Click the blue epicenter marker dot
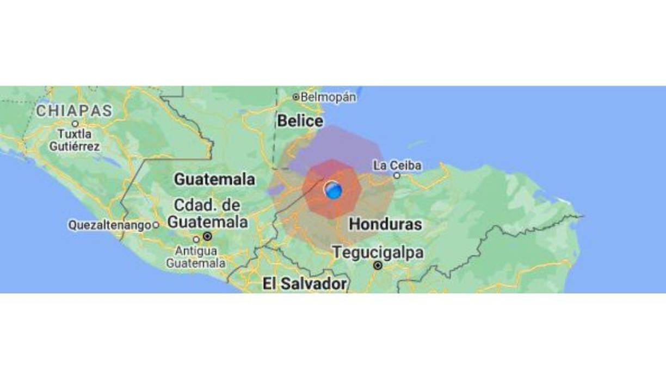[x=333, y=190]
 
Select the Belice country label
[x=300, y=121]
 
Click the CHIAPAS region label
[x=74, y=111]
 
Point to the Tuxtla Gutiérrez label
[x=75, y=140]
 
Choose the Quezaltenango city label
[x=109, y=225]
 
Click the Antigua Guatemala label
[x=196, y=257]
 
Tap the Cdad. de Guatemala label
[x=207, y=214]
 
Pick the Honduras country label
[x=385, y=224]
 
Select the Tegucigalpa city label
[x=378, y=253]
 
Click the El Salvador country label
[x=304, y=284]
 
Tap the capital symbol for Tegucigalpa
[x=378, y=266]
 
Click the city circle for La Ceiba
[x=397, y=175]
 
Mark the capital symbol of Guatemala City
[x=207, y=236]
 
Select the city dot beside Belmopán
[x=296, y=97]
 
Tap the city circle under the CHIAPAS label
[x=75, y=124]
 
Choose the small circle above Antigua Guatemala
[x=196, y=239]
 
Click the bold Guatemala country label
[x=214, y=179]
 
